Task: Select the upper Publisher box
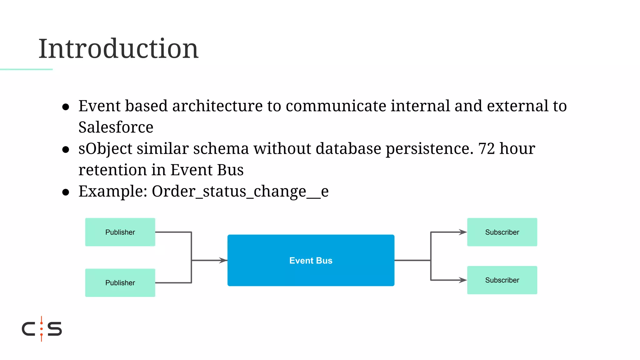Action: [x=120, y=232]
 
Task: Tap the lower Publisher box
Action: [x=120, y=283]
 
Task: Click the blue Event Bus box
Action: [x=311, y=260]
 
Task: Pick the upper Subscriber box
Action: [x=502, y=232]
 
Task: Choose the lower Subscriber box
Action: [x=502, y=280]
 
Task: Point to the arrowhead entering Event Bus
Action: [x=223, y=260]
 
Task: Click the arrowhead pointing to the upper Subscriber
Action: [x=463, y=232]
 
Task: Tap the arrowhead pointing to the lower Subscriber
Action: [x=463, y=280]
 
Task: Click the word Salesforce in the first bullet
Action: [x=116, y=127]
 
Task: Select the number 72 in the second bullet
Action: [x=487, y=148]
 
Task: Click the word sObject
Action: [x=105, y=149]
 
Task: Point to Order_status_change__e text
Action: [x=240, y=191]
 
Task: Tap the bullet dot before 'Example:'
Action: [x=66, y=192]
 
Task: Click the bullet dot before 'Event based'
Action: [x=66, y=107]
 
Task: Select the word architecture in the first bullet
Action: [x=217, y=106]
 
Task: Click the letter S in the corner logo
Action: [x=55, y=329]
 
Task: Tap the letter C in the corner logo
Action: [x=28, y=329]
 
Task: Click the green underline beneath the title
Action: [x=26, y=69]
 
